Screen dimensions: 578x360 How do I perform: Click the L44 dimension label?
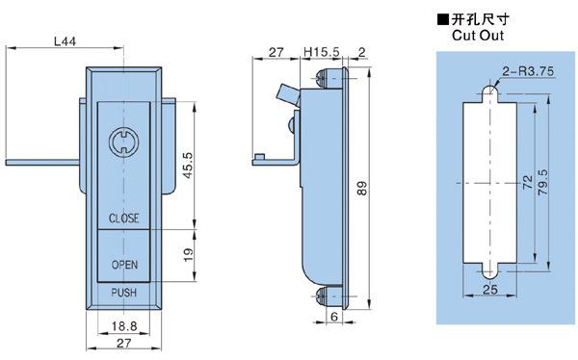pyautogui.click(x=65, y=40)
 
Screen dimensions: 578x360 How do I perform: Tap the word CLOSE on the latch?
pyautogui.click(x=124, y=219)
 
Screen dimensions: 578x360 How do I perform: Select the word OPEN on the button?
pyautogui.click(x=124, y=265)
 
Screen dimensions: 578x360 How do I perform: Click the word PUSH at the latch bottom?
pyautogui.click(x=124, y=293)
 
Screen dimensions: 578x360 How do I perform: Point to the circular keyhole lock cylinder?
pyautogui.click(x=124, y=142)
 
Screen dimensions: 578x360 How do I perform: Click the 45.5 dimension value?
pyautogui.click(x=188, y=166)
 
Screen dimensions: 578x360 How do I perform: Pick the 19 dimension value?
pyautogui.click(x=188, y=255)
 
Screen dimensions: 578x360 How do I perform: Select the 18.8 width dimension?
pyautogui.click(x=124, y=325)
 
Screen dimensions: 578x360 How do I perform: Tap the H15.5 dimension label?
pyautogui.click(x=321, y=52)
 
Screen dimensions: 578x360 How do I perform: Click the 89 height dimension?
pyautogui.click(x=362, y=188)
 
